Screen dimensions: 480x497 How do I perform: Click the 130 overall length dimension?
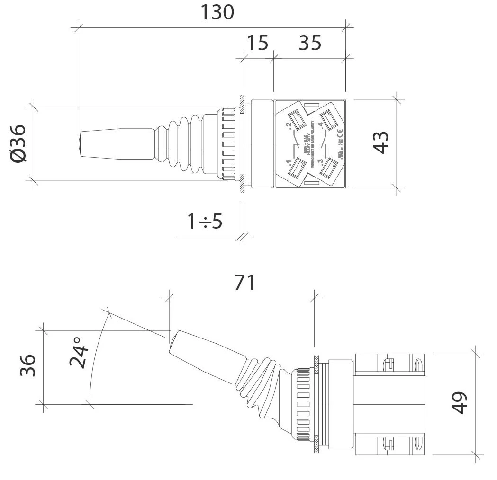[217, 12]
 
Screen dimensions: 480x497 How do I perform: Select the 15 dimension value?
[258, 43]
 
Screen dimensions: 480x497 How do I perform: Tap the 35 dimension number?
[310, 43]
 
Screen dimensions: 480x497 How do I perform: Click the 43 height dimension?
[381, 142]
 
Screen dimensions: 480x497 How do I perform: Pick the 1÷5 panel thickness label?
[205, 221]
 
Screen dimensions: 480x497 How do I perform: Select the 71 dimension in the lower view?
[244, 283]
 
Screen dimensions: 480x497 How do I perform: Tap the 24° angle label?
[79, 353]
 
